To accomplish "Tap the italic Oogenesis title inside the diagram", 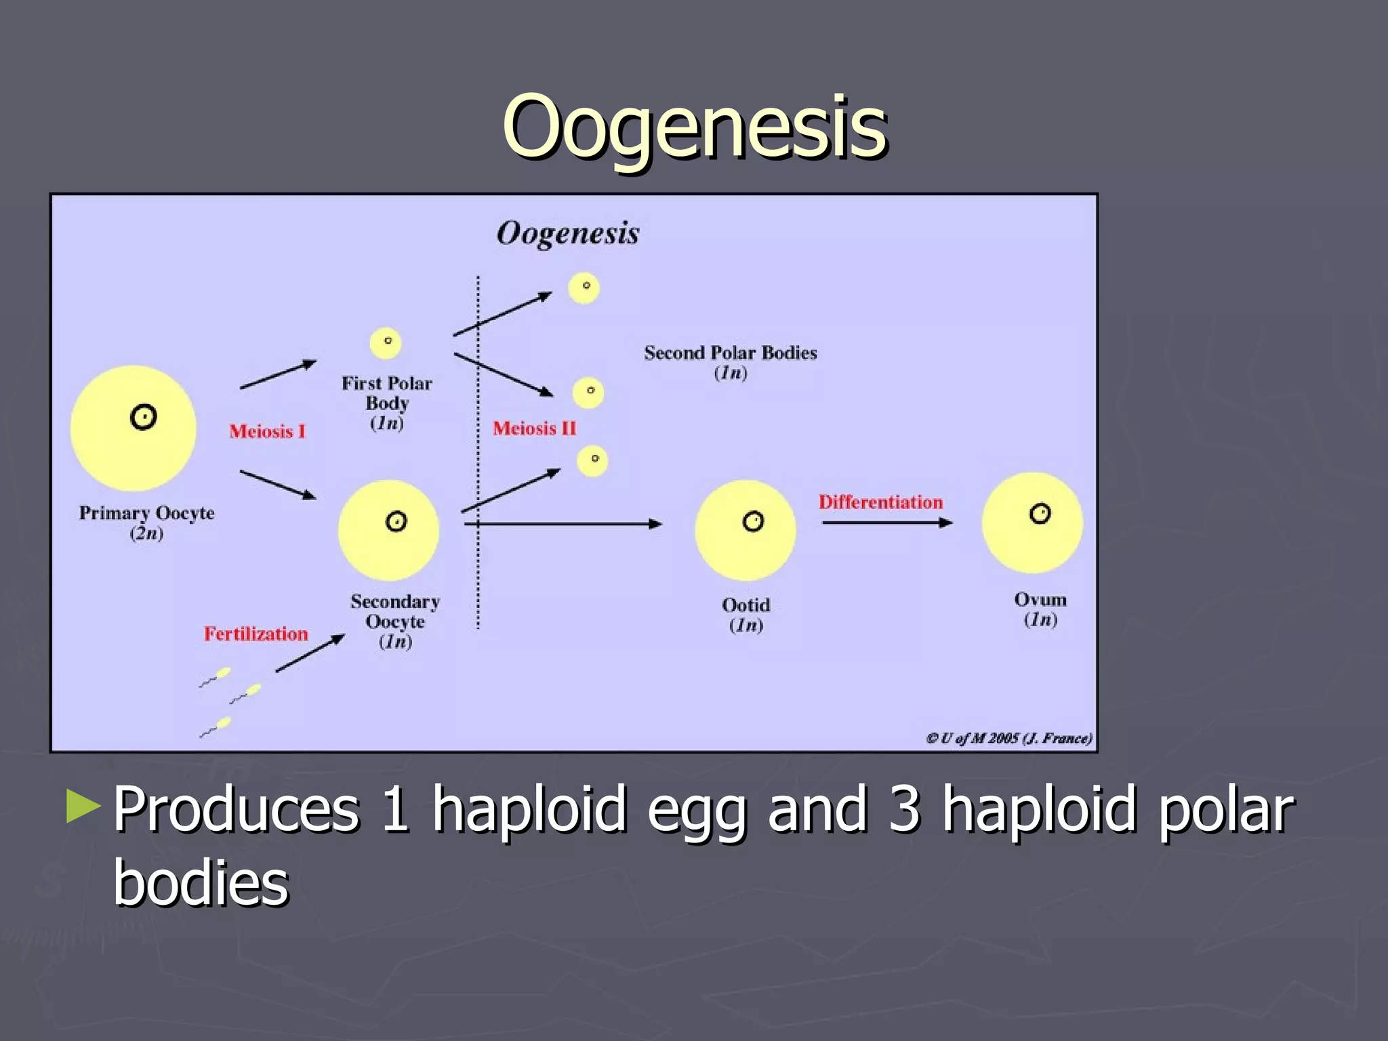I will [568, 234].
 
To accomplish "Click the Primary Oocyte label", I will [146, 514].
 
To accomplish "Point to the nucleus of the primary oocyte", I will [143, 417].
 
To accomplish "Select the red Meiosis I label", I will [267, 432].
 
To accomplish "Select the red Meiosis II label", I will [534, 428].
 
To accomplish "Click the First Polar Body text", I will [386, 394].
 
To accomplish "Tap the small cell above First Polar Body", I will [386, 343].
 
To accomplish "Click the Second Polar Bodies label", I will [730, 354].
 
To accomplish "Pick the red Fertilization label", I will [256, 634].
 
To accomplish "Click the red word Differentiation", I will [880, 502].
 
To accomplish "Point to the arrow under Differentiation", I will [886, 523].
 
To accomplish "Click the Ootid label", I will [746, 605].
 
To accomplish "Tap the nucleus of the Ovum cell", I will [1040, 514].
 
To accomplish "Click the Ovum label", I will [1040, 600].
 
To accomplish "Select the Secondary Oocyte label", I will [395, 612].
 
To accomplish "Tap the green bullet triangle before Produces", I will [83, 807].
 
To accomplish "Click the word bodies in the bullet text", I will [201, 884].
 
